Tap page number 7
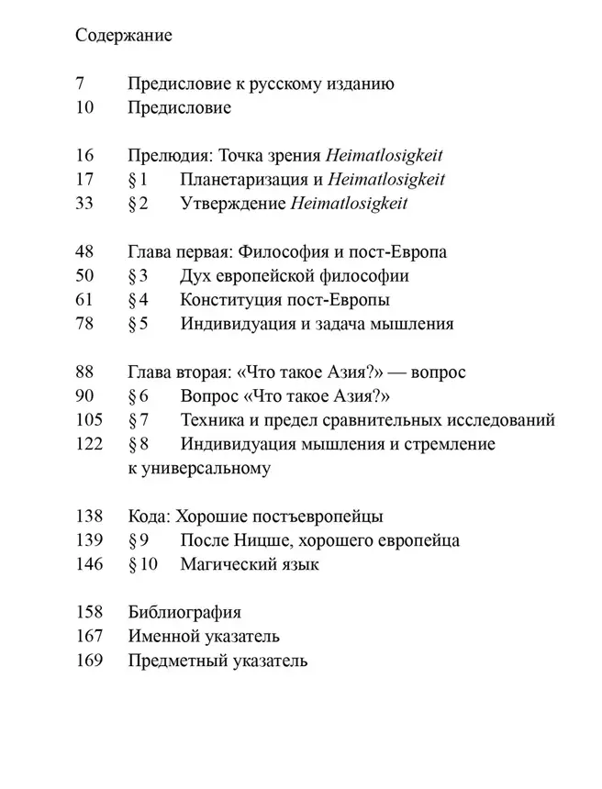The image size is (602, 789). tap(79, 84)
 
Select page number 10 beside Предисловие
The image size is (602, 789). tap(84, 108)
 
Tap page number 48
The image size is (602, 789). tap(84, 251)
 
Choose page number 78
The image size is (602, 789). tap(84, 323)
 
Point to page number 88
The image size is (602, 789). tap(84, 372)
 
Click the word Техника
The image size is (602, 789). tap(212, 420)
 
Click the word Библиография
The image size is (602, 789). tap(184, 612)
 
